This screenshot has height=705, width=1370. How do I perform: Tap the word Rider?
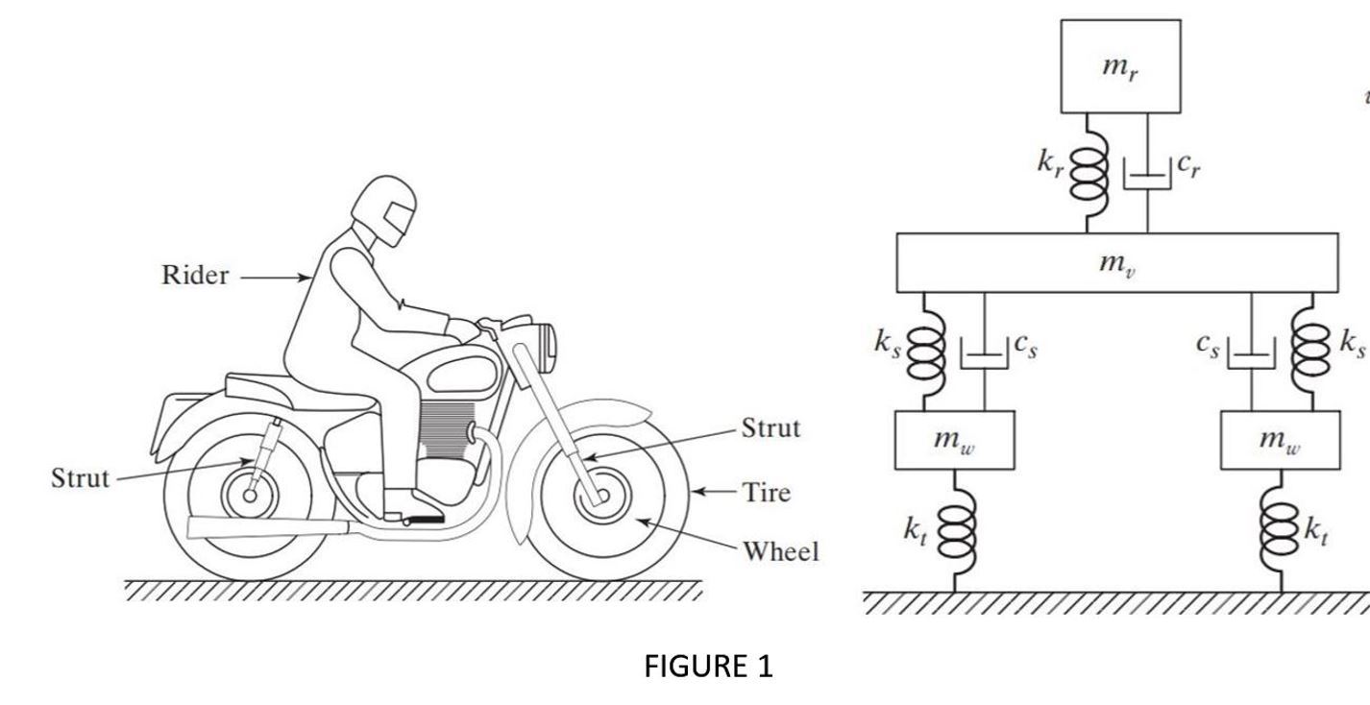195,276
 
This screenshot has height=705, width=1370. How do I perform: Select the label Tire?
767,493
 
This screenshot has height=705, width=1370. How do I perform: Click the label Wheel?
780,551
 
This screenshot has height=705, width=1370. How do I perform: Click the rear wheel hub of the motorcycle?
250,496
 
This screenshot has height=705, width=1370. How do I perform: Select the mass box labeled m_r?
1120,66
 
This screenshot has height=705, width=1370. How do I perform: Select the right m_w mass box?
1281,440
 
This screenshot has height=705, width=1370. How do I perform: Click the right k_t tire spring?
1282,532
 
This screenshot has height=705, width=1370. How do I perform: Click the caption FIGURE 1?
708,666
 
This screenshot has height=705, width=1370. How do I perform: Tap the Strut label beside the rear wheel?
80,478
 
